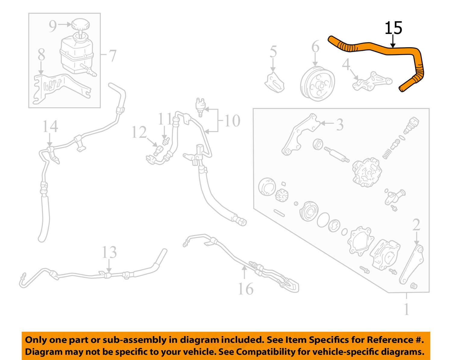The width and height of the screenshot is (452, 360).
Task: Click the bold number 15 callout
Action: pyautogui.click(x=393, y=28)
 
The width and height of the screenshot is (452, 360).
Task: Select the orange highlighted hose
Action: pyautogui.click(x=377, y=48)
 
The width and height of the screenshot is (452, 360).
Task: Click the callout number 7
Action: pyautogui.click(x=112, y=56)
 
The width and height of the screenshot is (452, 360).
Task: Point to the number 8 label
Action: pyautogui.click(x=41, y=55)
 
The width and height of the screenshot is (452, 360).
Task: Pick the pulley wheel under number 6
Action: pyautogui.click(x=318, y=84)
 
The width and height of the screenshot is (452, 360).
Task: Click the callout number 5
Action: pyautogui.click(x=273, y=52)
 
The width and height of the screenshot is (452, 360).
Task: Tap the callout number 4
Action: pyautogui.click(x=346, y=64)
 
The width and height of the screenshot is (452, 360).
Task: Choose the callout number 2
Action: pyautogui.click(x=416, y=225)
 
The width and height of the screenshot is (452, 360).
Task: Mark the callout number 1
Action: pyautogui.click(x=406, y=309)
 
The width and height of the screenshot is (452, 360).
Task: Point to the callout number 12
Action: pyautogui.click(x=139, y=132)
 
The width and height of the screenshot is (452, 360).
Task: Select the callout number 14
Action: pyautogui.click(x=50, y=126)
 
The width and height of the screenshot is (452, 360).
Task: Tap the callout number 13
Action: pyautogui.click(x=109, y=252)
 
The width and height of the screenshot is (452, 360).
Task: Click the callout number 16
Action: pyautogui.click(x=246, y=289)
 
